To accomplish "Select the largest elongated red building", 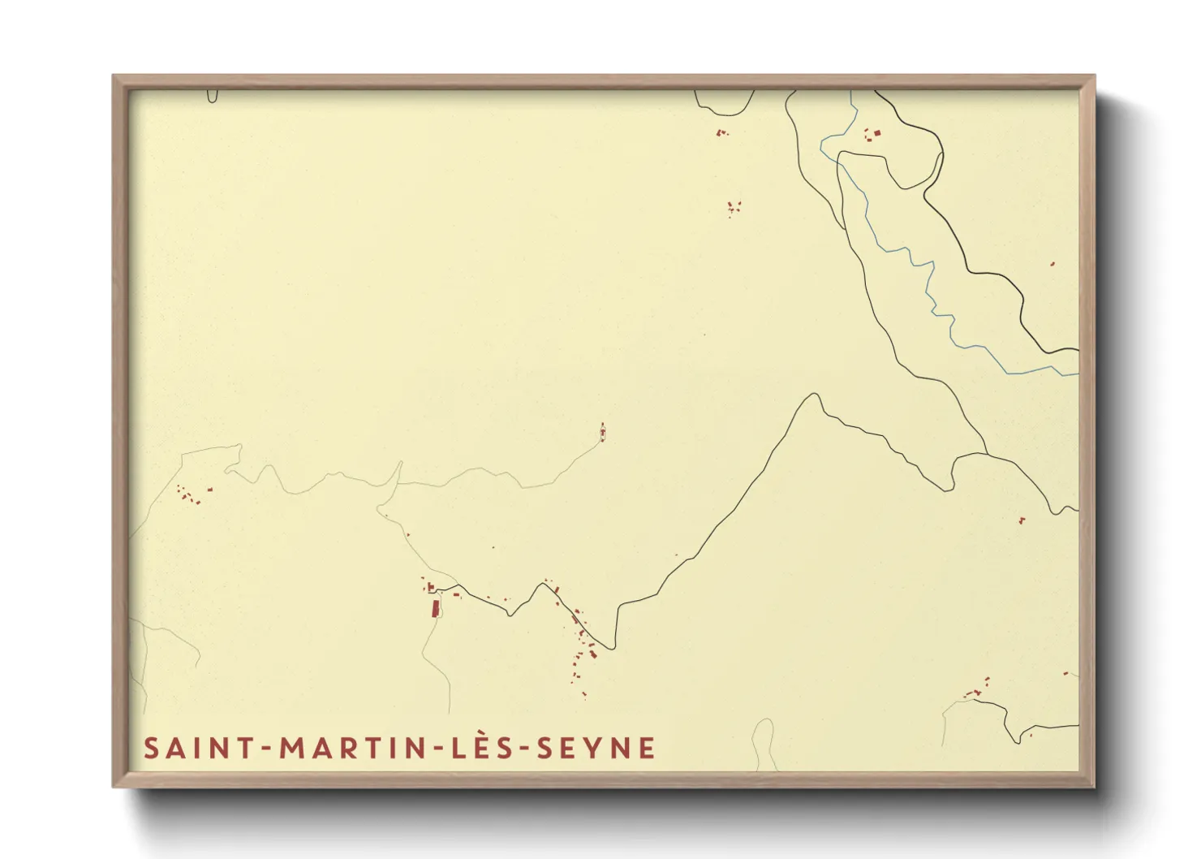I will (x=434, y=608).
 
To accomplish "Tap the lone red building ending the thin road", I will (x=602, y=433).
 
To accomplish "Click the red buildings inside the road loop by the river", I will (x=873, y=132).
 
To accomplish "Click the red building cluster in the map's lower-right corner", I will (x=976, y=690).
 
